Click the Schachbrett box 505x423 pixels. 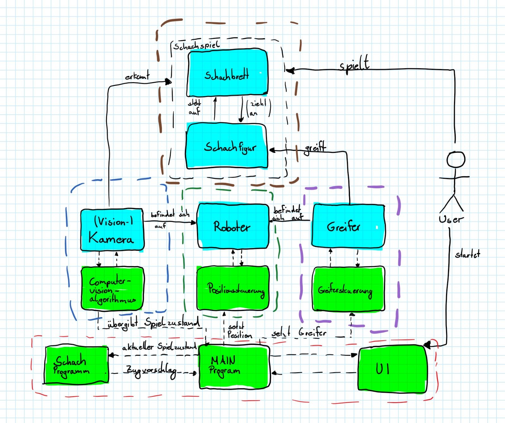227,73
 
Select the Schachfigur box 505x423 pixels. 227,146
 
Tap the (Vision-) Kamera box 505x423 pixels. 112,230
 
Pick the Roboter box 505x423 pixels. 233,226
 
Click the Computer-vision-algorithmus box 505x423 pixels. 112,288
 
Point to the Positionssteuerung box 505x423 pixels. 233,288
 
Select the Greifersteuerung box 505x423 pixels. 348,289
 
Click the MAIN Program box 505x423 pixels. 234,366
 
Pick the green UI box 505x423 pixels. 392,369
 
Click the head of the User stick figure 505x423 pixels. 456,159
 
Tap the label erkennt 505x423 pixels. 137,76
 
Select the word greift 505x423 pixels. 315,148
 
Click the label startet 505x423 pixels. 467,254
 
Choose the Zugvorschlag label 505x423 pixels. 151,371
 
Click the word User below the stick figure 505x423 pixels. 451,219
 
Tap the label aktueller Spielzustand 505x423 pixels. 159,347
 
